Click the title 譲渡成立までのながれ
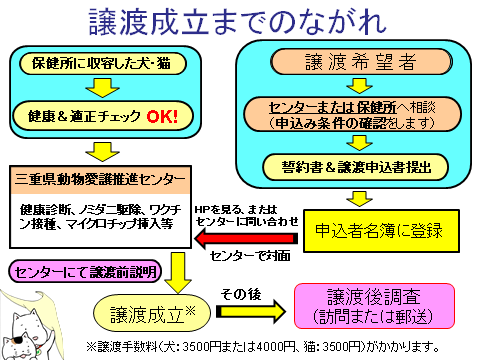point(237,22)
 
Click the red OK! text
point(162,116)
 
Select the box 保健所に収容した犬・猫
point(103,63)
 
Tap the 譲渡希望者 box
point(361,62)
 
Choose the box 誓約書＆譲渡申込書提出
point(355,167)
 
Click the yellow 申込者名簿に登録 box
point(381,231)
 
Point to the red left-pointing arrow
point(246,238)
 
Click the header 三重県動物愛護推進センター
point(100,179)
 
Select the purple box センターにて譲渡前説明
point(85,272)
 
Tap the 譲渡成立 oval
point(152,313)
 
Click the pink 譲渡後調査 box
point(374,306)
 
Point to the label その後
point(241,294)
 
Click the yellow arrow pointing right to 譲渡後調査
point(251,311)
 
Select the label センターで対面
point(250,256)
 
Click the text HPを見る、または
point(236,210)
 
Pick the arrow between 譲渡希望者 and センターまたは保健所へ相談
point(359,86)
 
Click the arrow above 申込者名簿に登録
point(359,199)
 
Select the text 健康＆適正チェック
point(84,116)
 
